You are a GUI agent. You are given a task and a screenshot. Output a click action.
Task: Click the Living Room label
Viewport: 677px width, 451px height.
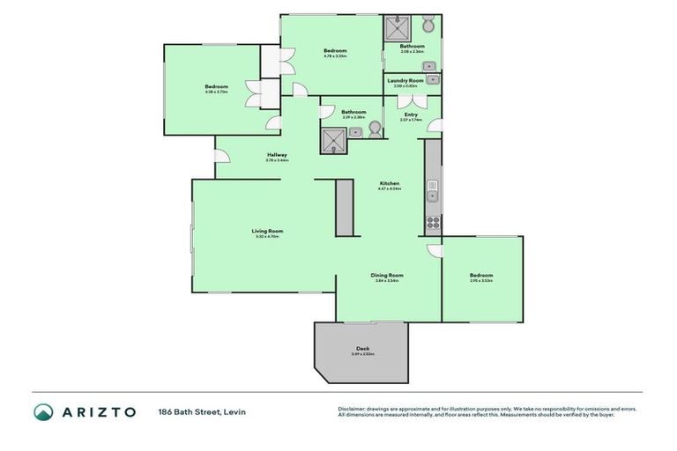pos(269,231)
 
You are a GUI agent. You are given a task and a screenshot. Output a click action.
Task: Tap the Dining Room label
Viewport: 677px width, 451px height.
pos(388,276)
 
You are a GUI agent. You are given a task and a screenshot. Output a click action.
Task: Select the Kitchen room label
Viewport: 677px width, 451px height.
pos(389,183)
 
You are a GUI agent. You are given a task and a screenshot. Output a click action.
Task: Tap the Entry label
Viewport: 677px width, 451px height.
pos(411,115)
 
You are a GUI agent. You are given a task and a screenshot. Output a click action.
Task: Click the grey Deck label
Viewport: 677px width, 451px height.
pos(362,349)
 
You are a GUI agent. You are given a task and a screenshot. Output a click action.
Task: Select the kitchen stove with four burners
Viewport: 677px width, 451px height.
pos(433,221)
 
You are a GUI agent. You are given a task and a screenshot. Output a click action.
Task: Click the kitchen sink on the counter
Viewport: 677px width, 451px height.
pos(432,189)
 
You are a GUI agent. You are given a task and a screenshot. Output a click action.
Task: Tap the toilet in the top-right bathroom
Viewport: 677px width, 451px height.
pos(428,26)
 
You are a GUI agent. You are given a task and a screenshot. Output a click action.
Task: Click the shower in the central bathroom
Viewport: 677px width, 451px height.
pos(333,140)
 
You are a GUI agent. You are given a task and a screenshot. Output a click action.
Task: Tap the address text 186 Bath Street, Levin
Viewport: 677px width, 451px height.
pos(201,411)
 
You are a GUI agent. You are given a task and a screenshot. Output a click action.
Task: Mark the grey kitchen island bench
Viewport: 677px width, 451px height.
pos(344,208)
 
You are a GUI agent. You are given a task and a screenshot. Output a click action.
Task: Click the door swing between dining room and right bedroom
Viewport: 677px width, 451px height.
pos(434,250)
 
